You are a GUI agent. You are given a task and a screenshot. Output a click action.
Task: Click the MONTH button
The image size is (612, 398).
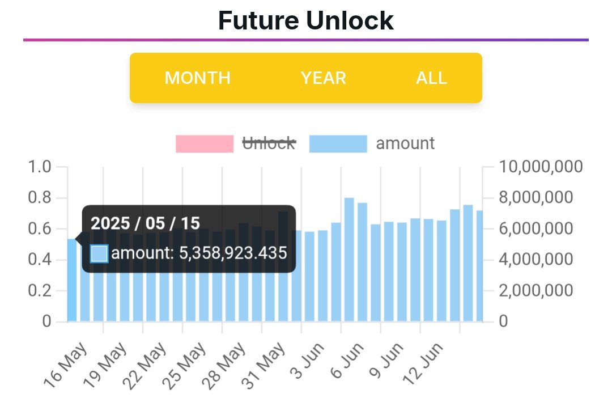click(x=197, y=78)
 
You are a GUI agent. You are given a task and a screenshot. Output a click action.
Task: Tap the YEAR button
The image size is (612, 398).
click(x=323, y=78)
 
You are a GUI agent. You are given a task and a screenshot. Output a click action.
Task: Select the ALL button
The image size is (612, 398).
click(x=431, y=78)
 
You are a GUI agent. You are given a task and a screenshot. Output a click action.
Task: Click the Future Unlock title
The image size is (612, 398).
click(x=305, y=21)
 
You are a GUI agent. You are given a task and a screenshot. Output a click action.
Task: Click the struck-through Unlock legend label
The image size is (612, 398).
click(x=269, y=143)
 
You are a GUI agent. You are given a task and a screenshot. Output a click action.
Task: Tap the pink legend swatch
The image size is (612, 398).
click(x=205, y=143)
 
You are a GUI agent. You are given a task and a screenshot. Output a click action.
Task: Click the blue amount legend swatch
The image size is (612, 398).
click(x=338, y=143)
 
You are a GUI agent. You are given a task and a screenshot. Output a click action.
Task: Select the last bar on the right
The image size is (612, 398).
click(x=480, y=266)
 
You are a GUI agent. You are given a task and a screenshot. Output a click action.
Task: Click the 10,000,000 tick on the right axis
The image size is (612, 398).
click(x=541, y=167)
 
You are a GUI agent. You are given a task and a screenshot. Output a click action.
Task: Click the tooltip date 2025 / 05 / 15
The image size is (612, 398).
click(x=146, y=223)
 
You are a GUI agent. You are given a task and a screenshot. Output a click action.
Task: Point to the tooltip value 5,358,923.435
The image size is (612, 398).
click(x=233, y=253)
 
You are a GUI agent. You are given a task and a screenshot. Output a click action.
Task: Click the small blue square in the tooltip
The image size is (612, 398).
click(x=99, y=253)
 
